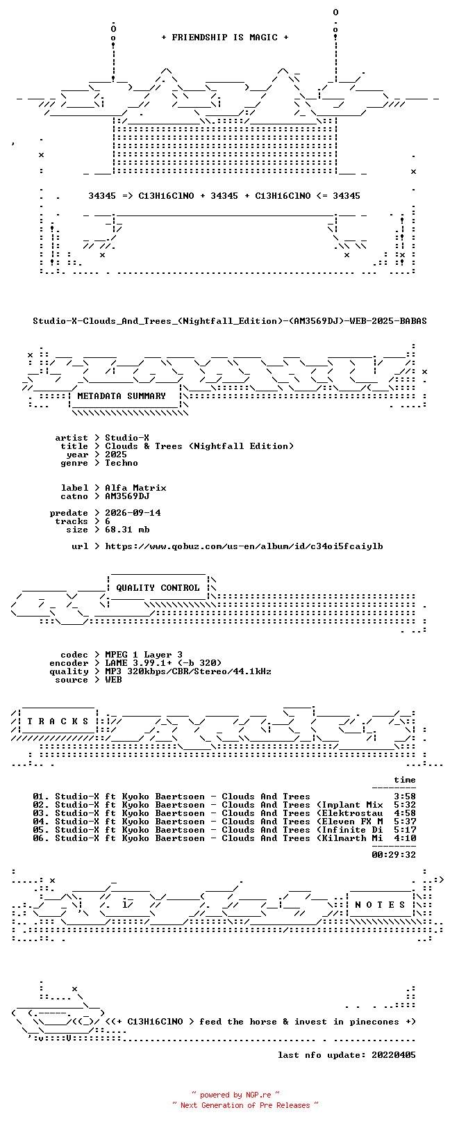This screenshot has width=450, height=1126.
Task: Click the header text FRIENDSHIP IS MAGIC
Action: click(224, 38)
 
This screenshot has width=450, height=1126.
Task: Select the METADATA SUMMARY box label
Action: click(122, 396)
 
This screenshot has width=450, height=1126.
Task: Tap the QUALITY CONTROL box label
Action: click(158, 587)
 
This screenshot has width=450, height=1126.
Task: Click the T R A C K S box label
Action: click(58, 721)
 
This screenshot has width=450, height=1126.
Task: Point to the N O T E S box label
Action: click(380, 905)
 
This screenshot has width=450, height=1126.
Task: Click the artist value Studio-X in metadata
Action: click(127, 438)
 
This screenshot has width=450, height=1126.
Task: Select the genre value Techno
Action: click(122, 463)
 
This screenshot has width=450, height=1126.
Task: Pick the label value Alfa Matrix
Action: click(135, 488)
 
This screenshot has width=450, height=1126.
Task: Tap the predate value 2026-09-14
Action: click(133, 513)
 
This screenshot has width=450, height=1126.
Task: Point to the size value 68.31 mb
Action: click(127, 530)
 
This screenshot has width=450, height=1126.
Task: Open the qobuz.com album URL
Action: click(244, 546)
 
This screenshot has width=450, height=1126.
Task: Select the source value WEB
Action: click(113, 680)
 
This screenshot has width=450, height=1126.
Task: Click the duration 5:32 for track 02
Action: click(406, 805)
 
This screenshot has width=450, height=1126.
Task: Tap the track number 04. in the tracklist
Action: click(41, 822)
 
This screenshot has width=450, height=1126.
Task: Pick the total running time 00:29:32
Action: click(394, 854)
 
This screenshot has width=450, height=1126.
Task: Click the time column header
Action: click(406, 780)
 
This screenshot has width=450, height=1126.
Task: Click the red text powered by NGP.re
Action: click(235, 1095)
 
